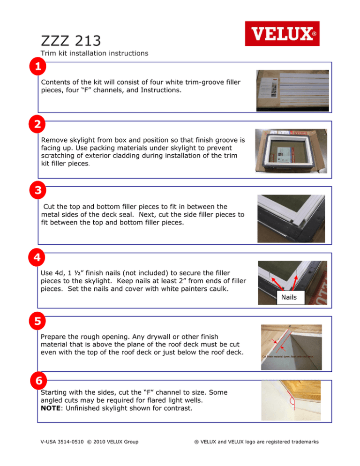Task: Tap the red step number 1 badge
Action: point(35,68)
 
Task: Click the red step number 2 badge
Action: point(35,126)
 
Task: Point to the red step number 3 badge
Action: point(35,191)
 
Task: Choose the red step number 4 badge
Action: point(35,258)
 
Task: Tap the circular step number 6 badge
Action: point(35,384)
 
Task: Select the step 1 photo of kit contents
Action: point(292,90)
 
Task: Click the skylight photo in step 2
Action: point(292,151)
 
